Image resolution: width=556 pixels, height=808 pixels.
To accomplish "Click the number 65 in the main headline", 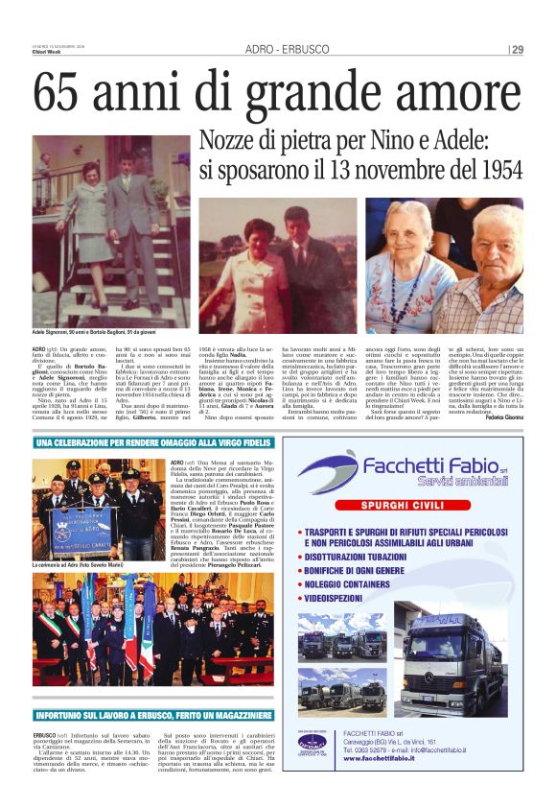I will pyautogui.click(x=62, y=94).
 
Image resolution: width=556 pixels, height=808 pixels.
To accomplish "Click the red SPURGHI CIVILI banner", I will pyautogui.click(x=411, y=505).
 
